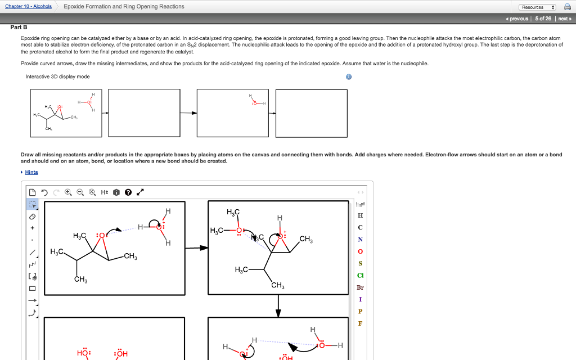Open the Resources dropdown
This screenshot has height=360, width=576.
(x=538, y=7)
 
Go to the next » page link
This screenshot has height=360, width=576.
(x=564, y=19)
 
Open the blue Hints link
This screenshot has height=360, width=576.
(x=31, y=172)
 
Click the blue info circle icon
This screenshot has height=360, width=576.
(x=349, y=77)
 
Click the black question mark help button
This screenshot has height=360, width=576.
(x=128, y=192)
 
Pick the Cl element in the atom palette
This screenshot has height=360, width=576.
(x=360, y=276)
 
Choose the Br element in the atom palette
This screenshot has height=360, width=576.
(x=360, y=287)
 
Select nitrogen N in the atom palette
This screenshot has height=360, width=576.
(x=360, y=240)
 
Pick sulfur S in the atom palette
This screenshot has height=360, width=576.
(x=360, y=264)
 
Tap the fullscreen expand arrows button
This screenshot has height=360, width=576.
(x=140, y=192)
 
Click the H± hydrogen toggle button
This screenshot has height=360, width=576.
(x=105, y=192)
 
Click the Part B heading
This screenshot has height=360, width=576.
(x=19, y=27)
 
